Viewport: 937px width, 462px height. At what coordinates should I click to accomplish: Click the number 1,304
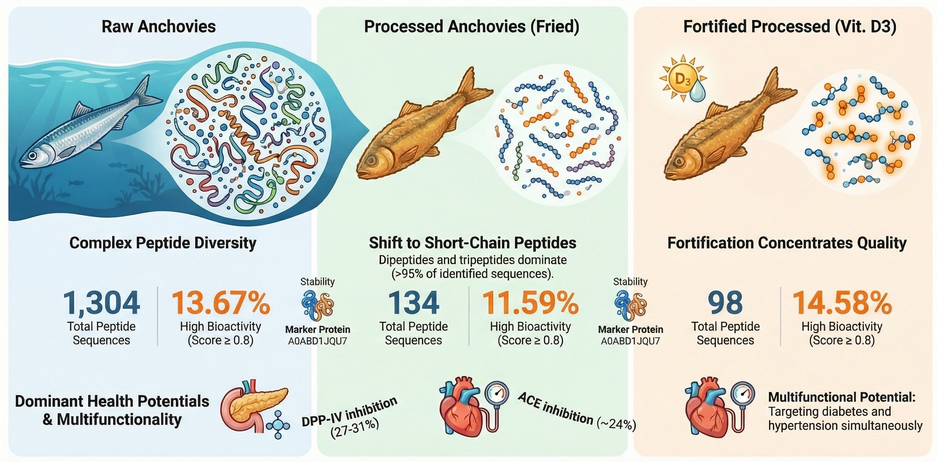(x=102, y=303)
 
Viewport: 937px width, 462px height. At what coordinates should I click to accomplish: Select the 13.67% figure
(x=220, y=303)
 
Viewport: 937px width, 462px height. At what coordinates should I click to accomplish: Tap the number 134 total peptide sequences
(x=413, y=303)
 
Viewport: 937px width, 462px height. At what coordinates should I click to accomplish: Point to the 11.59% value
(x=530, y=303)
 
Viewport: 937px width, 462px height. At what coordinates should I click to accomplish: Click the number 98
(x=725, y=303)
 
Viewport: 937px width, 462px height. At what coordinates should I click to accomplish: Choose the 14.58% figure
(x=842, y=303)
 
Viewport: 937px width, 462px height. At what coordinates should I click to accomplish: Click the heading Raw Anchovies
(x=159, y=27)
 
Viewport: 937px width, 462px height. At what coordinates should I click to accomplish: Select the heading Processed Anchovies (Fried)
(x=471, y=27)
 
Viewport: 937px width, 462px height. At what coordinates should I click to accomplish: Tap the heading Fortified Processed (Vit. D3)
(x=789, y=27)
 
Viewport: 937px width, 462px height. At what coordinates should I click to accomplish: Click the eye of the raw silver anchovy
(x=33, y=155)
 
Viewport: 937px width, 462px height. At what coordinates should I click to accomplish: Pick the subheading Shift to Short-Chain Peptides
(x=472, y=243)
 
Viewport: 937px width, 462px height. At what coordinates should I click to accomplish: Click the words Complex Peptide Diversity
(x=163, y=243)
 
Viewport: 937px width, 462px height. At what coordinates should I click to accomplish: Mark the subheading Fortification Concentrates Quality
(x=787, y=243)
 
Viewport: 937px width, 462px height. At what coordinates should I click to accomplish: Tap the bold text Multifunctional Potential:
(x=841, y=397)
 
